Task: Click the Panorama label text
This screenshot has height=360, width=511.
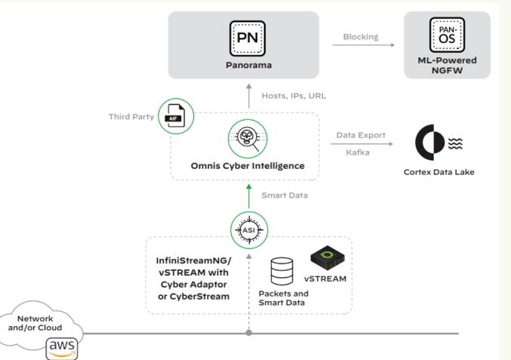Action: pyautogui.click(x=248, y=65)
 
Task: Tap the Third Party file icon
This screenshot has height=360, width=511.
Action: pyautogui.click(x=174, y=116)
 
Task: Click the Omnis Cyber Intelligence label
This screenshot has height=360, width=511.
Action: pyautogui.click(x=248, y=165)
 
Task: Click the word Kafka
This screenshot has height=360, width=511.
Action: pyautogui.click(x=359, y=152)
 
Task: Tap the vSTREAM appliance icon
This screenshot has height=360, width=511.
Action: pyautogui.click(x=328, y=257)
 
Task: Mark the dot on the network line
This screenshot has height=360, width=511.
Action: pyautogui.click(x=248, y=333)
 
